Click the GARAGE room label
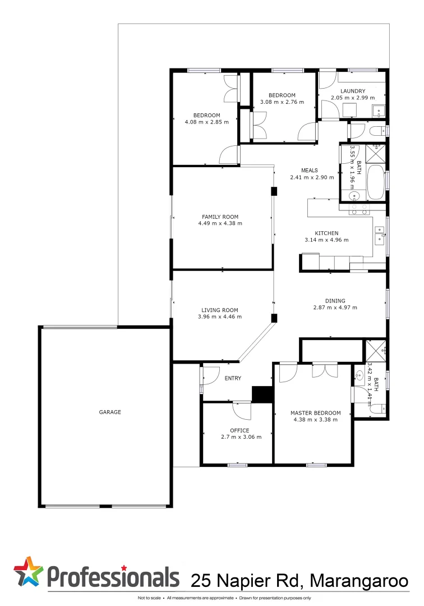click(110, 412)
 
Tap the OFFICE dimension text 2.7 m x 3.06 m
click(241, 437)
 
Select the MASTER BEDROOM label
click(315, 413)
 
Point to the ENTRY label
click(233, 378)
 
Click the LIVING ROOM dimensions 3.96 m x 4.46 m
click(220, 317)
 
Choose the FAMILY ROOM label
click(220, 217)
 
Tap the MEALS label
click(309, 171)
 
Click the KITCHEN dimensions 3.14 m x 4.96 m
click(326, 240)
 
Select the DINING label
click(335, 301)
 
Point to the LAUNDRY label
click(352, 91)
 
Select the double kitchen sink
click(380, 235)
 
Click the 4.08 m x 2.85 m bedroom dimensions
click(207, 122)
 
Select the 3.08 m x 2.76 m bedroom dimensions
click(282, 102)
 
